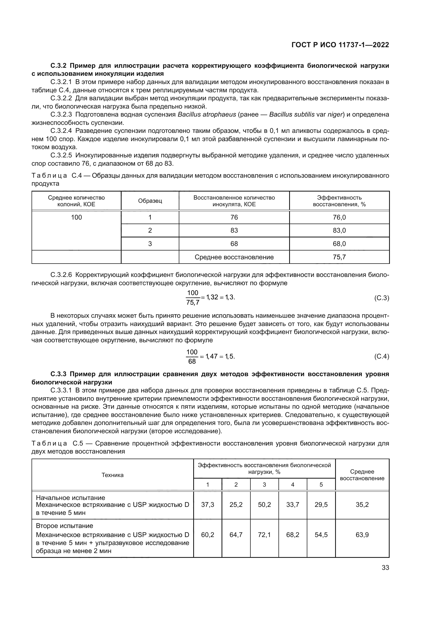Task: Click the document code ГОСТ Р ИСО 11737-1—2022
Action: (340, 45)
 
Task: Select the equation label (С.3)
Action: (382, 298)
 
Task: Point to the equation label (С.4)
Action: (382, 356)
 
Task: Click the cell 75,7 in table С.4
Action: (339, 257)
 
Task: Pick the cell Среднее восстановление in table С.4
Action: (234, 257)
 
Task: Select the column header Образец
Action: (150, 201)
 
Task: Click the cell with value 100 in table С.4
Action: (76, 217)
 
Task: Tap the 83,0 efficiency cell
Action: (339, 230)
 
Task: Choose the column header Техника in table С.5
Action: (113, 475)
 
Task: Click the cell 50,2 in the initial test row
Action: (264, 505)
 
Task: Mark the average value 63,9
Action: (362, 535)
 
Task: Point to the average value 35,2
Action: (362, 505)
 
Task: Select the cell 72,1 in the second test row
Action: (264, 535)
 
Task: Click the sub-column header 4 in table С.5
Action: (293, 484)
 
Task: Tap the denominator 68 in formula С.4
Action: (192, 361)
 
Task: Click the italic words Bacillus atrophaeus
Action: (207, 114)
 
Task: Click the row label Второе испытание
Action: (64, 526)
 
